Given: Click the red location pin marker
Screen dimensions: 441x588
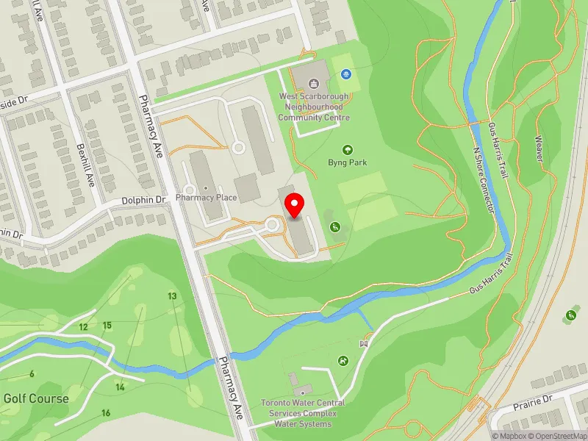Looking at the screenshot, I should click(295, 206).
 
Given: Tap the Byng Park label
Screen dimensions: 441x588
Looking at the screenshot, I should click(348, 162).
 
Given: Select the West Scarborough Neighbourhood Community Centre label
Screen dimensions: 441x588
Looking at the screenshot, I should click(314, 107).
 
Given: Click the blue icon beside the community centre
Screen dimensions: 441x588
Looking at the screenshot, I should click(345, 74).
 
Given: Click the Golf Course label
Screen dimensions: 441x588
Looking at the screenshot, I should click(36, 399).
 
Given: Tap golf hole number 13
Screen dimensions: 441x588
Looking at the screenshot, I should click(172, 296).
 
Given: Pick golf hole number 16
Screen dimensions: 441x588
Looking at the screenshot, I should click(106, 413).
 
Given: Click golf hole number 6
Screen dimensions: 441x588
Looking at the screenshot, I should click(32, 374).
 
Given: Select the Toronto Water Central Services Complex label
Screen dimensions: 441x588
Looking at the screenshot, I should click(303, 413).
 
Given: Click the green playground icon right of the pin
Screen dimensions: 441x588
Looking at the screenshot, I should click(335, 226).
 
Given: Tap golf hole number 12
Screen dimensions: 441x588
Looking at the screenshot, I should click(84, 327).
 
